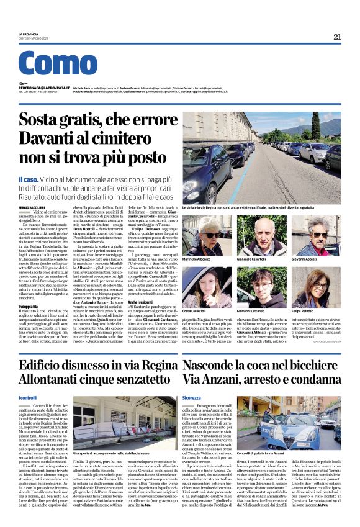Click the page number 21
(x=337, y=37)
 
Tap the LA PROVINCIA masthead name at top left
(x=28, y=34)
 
